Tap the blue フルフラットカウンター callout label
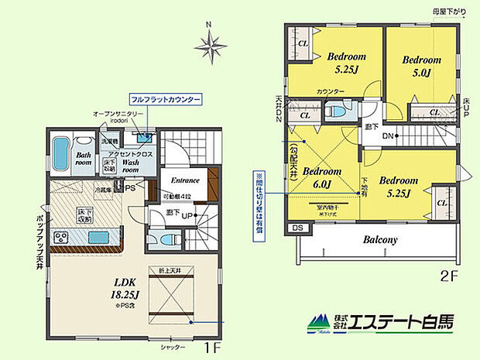(166, 101)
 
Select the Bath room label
(83, 159)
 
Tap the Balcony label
(380, 239)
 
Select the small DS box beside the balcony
(296, 228)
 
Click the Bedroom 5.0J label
(422, 66)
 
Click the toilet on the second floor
(336, 113)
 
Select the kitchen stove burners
(61, 237)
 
